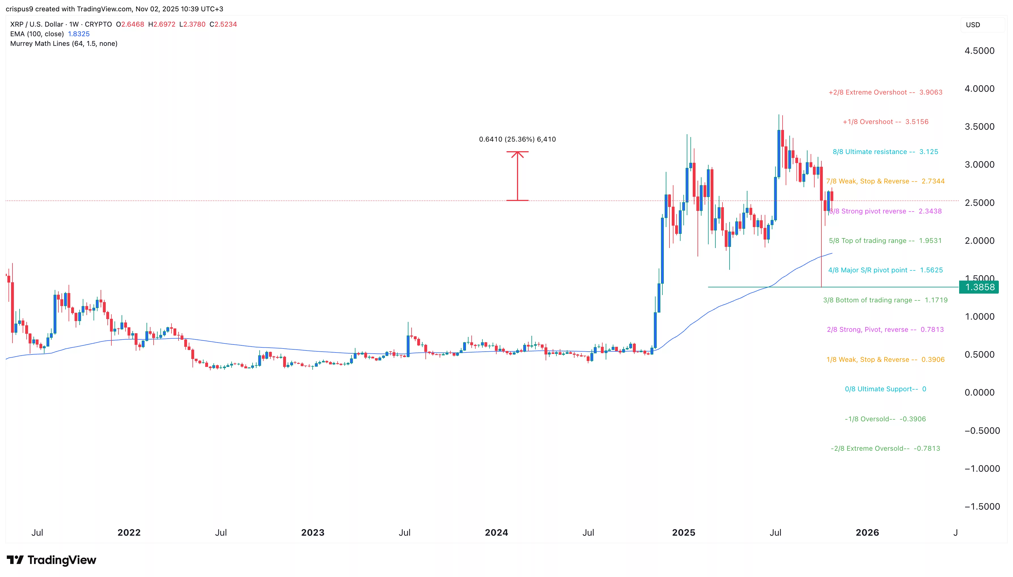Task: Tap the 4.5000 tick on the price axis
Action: (x=979, y=51)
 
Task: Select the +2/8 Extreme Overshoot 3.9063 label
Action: (x=885, y=92)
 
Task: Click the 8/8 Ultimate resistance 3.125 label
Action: (x=885, y=152)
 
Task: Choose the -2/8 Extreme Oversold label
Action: (x=885, y=448)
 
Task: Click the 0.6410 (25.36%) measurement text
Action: (x=517, y=139)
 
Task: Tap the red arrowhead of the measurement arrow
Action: (x=517, y=154)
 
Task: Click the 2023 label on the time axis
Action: (x=313, y=533)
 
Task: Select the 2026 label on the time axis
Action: (x=867, y=533)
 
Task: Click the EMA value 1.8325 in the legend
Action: (x=79, y=34)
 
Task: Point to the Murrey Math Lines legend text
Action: (x=63, y=44)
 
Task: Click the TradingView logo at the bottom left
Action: (x=52, y=560)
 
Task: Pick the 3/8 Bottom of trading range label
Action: (x=885, y=300)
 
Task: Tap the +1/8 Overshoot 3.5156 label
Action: (x=885, y=122)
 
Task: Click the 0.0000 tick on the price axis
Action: (x=979, y=392)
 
